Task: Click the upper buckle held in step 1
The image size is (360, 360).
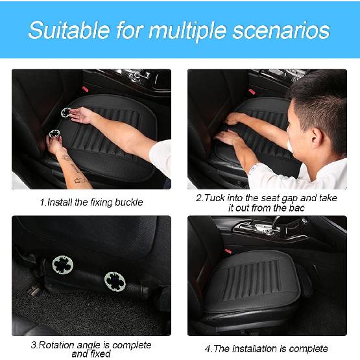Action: (x=66, y=113)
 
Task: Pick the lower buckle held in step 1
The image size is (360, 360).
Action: (x=53, y=136)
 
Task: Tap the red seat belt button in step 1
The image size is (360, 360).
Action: (x=82, y=86)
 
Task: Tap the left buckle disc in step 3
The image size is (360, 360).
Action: (x=63, y=265)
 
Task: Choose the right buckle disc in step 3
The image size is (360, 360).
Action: (x=114, y=280)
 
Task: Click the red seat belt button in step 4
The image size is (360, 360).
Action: (x=228, y=250)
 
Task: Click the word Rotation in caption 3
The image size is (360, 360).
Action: (x=58, y=345)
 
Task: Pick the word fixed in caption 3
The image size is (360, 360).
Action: (x=95, y=354)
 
